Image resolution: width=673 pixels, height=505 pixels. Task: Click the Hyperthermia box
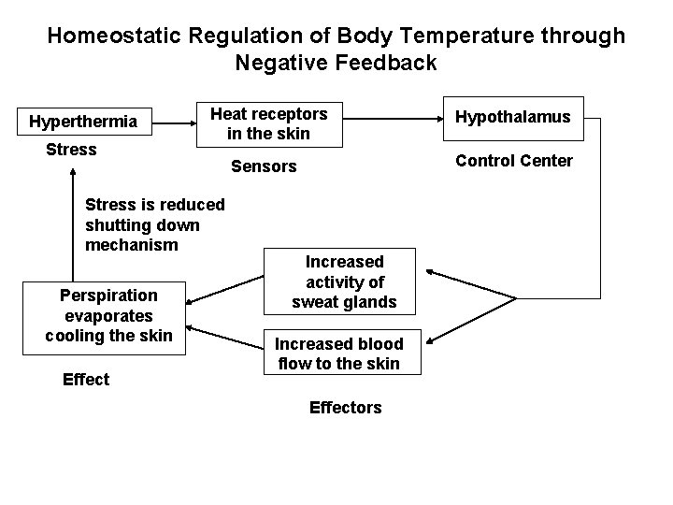click(x=83, y=122)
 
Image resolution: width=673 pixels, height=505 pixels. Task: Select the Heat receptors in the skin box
click(x=268, y=123)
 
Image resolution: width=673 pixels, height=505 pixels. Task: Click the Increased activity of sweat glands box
click(x=344, y=281)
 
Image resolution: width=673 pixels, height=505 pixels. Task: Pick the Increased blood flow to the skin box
click(x=344, y=353)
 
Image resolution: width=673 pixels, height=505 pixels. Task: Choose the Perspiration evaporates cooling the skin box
click(x=108, y=315)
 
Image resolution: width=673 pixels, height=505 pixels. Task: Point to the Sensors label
click(x=263, y=166)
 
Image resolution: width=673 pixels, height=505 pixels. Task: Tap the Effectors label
click(x=345, y=408)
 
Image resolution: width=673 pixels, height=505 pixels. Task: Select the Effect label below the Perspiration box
click(x=86, y=379)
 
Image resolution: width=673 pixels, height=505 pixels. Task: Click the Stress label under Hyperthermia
click(x=71, y=150)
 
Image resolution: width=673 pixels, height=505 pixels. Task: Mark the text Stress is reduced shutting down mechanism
click(x=154, y=224)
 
